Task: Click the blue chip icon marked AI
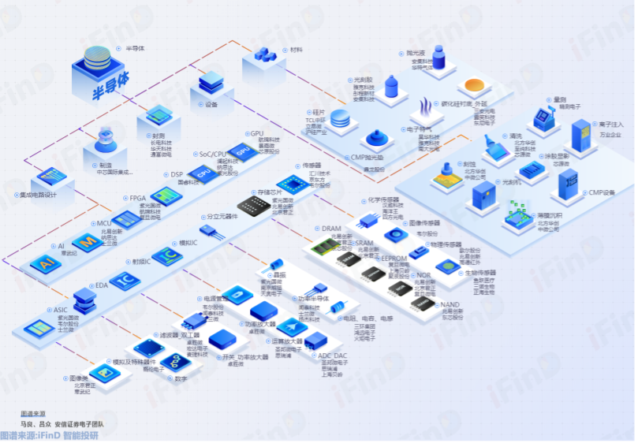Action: (44, 263)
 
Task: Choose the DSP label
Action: (177, 175)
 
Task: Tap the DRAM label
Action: (331, 229)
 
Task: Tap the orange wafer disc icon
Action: (479, 86)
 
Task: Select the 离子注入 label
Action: (611, 124)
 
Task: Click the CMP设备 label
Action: (601, 192)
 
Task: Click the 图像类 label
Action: (78, 378)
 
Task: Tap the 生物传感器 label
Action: (480, 273)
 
